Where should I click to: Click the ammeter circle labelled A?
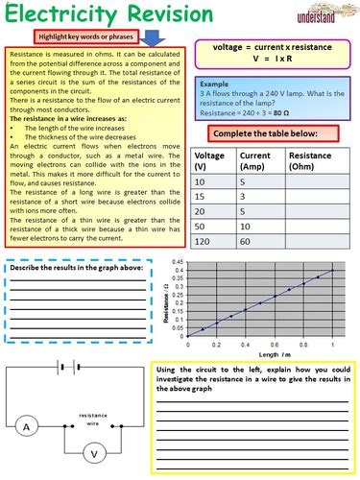[x=28, y=398]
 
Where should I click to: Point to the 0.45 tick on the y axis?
[x=178, y=261]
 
